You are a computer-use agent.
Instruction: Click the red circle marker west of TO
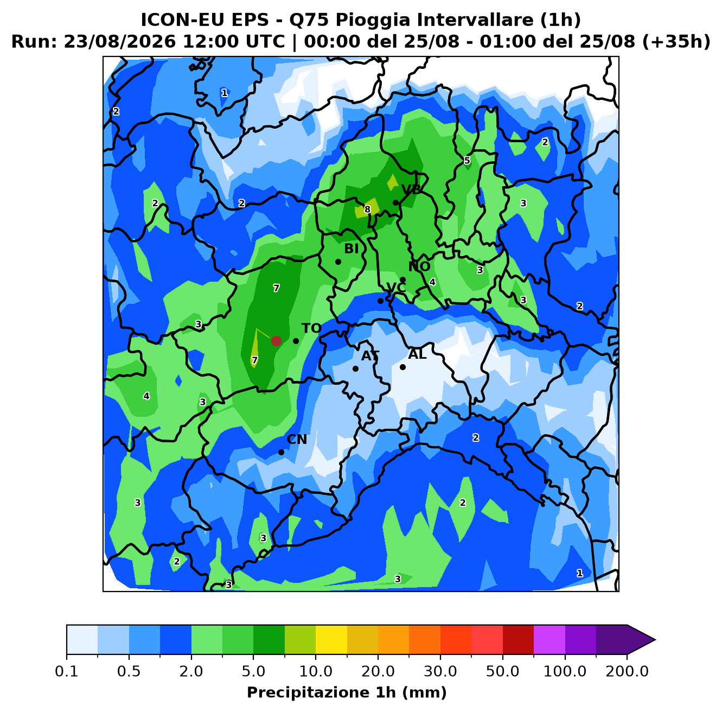[x=276, y=341]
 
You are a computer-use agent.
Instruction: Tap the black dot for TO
[x=296, y=341]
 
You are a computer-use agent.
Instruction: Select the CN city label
[x=297, y=440]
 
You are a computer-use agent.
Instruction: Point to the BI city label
[x=352, y=249]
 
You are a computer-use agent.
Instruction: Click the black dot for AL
[x=402, y=367]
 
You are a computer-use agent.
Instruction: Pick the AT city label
[x=370, y=356]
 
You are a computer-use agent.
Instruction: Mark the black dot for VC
[x=380, y=301]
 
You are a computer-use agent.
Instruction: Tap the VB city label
[x=411, y=190]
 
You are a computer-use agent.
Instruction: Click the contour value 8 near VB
[x=367, y=209]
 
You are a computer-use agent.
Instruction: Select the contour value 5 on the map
[x=467, y=161]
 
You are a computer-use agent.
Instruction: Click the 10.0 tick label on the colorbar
[x=316, y=671]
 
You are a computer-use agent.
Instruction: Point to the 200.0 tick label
[x=627, y=671]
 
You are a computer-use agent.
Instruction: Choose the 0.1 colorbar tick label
[x=67, y=671]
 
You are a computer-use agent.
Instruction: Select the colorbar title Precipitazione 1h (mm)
[x=347, y=692]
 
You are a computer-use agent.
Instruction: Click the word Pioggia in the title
[x=378, y=20]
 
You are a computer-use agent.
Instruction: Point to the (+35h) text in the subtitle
[x=676, y=42]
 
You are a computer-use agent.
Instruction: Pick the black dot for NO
[x=402, y=279]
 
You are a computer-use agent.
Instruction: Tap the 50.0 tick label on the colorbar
[x=502, y=671]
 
